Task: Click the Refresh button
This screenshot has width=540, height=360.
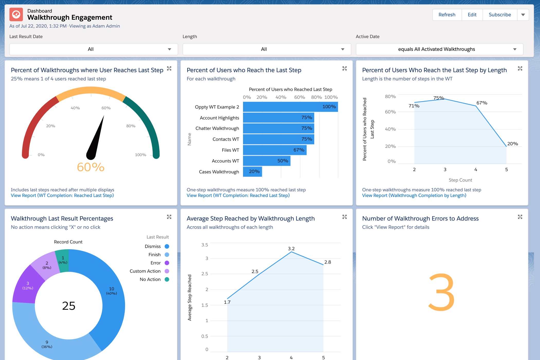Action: coord(447,15)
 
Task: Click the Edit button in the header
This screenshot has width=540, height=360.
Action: coord(472,15)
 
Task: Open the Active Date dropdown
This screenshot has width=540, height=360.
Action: coord(439,49)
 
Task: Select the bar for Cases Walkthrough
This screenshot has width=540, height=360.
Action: coord(252,172)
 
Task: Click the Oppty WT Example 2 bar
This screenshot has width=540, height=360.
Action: coord(290,107)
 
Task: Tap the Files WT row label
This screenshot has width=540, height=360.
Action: coord(230,150)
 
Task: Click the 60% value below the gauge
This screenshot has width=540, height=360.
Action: coord(91,167)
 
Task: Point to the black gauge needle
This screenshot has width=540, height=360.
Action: coord(96,139)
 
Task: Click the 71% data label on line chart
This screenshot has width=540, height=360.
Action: coord(414,106)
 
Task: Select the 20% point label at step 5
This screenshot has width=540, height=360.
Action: coord(512,144)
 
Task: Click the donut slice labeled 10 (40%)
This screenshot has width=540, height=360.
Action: coord(111,291)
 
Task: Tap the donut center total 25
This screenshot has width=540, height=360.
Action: coord(69,306)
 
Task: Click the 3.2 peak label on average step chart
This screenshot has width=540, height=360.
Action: coord(291,248)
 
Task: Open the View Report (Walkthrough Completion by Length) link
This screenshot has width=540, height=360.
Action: coord(414,196)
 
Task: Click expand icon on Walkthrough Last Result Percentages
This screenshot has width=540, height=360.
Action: coord(169,217)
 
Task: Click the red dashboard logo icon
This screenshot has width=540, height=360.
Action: coord(16,14)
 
